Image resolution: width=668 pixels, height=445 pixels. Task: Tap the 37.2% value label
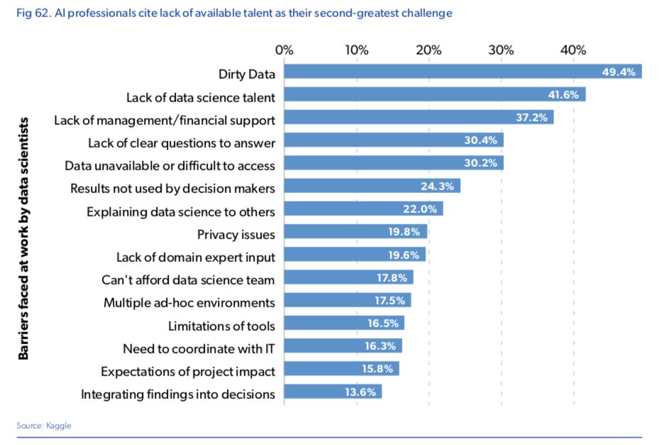pyautogui.click(x=531, y=118)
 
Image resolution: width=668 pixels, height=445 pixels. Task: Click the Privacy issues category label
pyautogui.click(x=235, y=234)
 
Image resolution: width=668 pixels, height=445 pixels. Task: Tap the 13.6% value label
pyautogui.click(x=362, y=392)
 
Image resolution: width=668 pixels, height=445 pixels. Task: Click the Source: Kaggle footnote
pyautogui.click(x=44, y=426)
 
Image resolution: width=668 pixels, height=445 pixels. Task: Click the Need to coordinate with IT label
pyautogui.click(x=199, y=348)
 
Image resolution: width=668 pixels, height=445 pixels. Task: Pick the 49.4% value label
pyautogui.click(x=618, y=72)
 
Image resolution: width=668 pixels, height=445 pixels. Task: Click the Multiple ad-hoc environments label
pyautogui.click(x=189, y=302)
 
